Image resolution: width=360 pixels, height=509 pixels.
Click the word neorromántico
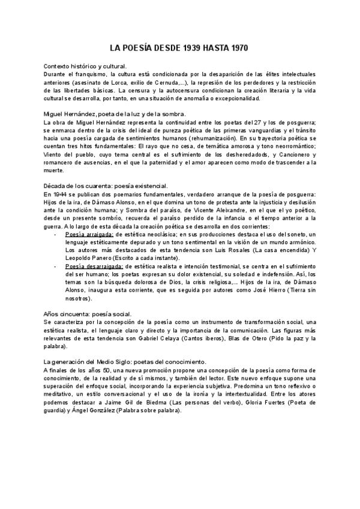[293, 146]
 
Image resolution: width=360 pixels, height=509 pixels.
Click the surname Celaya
[186, 339]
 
